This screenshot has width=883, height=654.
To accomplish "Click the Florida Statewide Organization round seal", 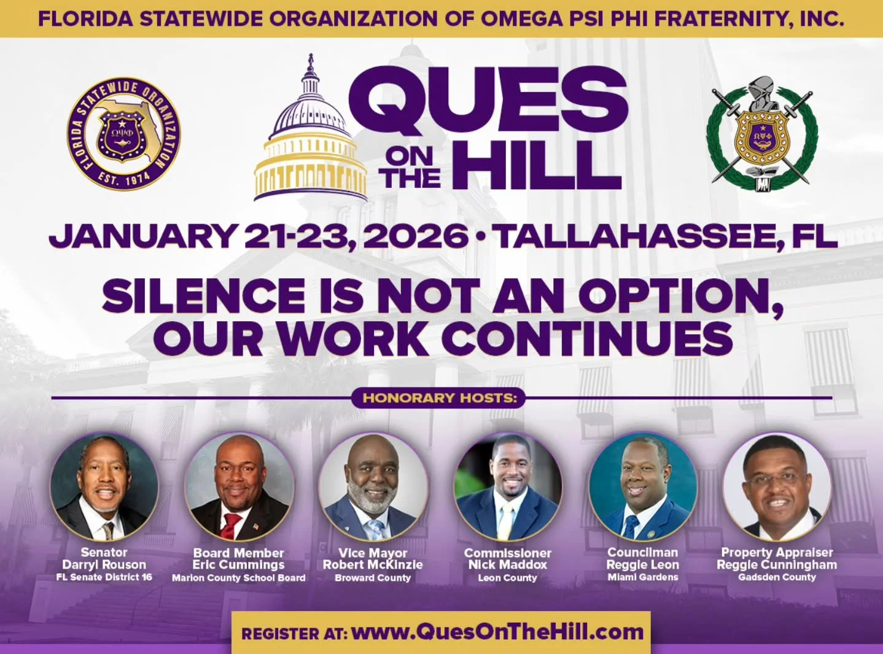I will point(123,134).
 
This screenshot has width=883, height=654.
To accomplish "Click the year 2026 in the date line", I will point(416,236).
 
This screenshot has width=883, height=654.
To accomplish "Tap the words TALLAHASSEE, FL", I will point(666,236).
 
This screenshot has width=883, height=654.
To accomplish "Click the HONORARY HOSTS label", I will point(439,398).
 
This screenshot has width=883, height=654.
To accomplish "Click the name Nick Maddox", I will point(507,564).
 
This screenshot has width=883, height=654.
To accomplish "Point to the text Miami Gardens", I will point(642,577).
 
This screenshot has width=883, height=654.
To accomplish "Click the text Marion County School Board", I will point(238,578).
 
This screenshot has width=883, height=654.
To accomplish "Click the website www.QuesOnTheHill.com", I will point(497,632).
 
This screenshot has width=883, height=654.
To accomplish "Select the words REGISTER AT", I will point(294,633).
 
